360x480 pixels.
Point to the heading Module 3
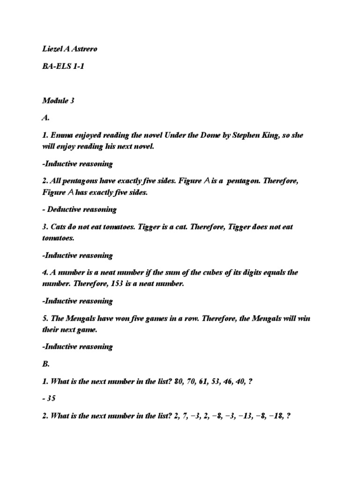pyautogui.click(x=58, y=100)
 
